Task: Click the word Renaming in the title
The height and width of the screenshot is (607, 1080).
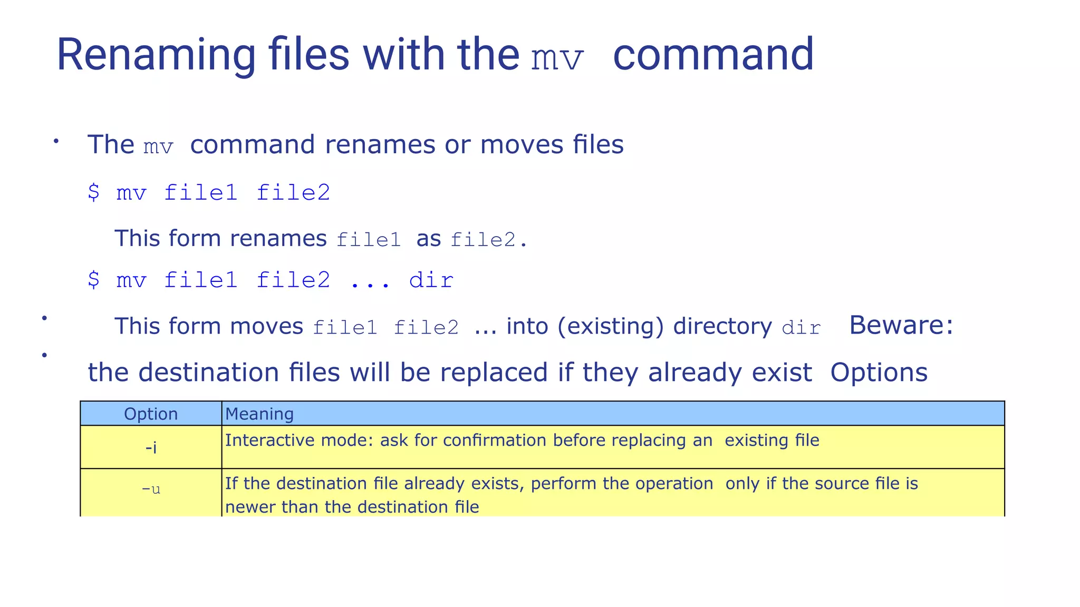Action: pos(156,55)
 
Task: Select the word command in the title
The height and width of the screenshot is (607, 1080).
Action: pos(713,55)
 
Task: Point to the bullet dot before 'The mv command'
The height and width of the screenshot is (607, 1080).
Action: pos(56,141)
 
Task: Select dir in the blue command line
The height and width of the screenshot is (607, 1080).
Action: pos(431,280)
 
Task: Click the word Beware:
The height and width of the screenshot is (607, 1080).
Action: pos(901,325)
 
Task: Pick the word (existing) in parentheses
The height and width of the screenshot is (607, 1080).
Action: pos(610,326)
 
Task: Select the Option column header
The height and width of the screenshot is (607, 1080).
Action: pos(151,414)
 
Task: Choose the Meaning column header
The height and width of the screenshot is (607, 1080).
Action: pos(259,414)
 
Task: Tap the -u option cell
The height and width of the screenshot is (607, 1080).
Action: pos(151,489)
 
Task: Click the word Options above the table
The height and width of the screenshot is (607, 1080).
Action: pos(879,373)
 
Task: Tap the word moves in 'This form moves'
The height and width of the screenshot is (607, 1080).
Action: pos(267,326)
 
